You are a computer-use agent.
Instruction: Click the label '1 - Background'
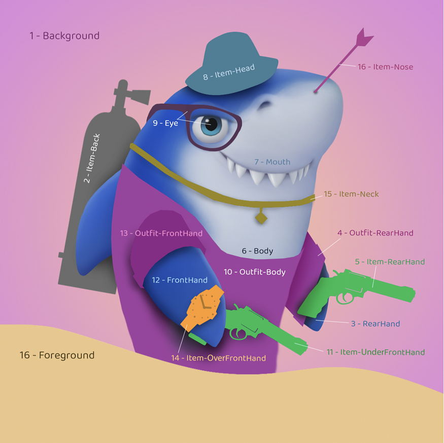(x=64, y=35)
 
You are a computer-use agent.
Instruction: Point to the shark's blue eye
(x=209, y=125)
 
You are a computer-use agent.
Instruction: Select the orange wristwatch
(x=204, y=307)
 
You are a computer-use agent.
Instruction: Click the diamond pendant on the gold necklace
(x=261, y=217)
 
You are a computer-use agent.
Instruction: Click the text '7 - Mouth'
(x=272, y=162)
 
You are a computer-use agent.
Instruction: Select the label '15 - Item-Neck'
(x=351, y=194)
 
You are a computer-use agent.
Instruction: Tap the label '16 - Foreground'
(x=57, y=355)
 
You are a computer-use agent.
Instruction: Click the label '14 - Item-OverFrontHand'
(x=218, y=358)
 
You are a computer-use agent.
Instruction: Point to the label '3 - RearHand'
(x=375, y=323)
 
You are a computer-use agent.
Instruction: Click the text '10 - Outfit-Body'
(x=255, y=272)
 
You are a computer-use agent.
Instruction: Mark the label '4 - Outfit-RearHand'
(x=375, y=233)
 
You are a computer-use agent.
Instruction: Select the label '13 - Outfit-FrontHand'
(x=161, y=233)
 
